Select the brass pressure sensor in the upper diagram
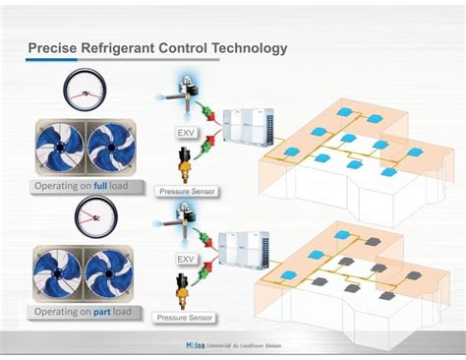coord(183,162)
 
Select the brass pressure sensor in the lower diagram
coord(183,290)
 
